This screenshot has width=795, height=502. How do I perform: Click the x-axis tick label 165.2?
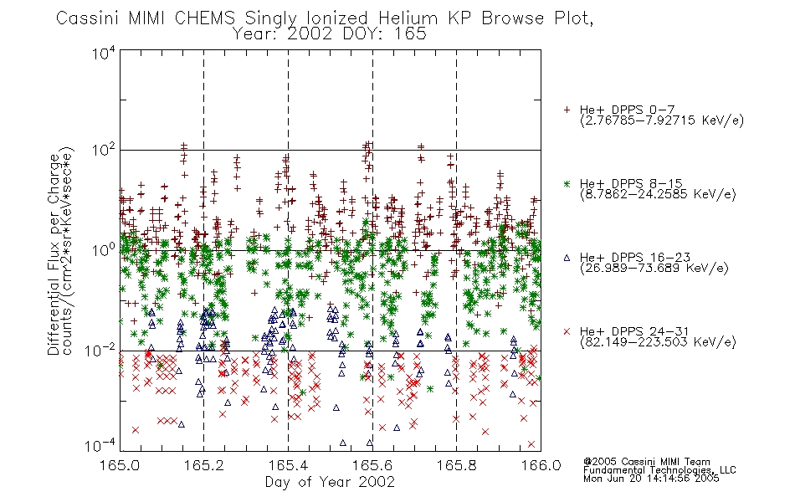[x=203, y=465]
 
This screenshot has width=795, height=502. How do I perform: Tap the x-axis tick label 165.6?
[x=372, y=465]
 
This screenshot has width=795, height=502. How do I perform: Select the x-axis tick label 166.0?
[x=541, y=465]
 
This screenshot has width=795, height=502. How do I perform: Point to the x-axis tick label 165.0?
[x=120, y=465]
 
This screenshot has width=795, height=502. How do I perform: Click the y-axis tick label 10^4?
[x=104, y=53]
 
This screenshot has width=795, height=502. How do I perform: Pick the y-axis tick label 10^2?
[x=104, y=151]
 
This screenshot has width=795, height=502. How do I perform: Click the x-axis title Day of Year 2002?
[x=330, y=482]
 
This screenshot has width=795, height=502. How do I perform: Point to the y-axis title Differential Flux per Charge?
[x=54, y=254]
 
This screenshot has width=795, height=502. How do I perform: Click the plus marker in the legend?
[x=567, y=110]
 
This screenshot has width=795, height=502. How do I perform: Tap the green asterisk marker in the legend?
[x=567, y=183]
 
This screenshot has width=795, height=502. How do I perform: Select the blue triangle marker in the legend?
[x=567, y=258]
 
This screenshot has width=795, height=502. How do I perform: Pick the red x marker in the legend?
[x=567, y=331]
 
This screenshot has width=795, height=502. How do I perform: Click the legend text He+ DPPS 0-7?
[x=627, y=110]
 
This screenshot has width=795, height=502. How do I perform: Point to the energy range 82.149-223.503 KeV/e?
[x=658, y=342]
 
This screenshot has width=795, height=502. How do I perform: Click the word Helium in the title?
[x=408, y=18]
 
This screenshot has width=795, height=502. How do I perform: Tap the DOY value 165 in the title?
[x=411, y=34]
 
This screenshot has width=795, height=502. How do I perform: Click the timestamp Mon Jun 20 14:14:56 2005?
[x=651, y=479]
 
